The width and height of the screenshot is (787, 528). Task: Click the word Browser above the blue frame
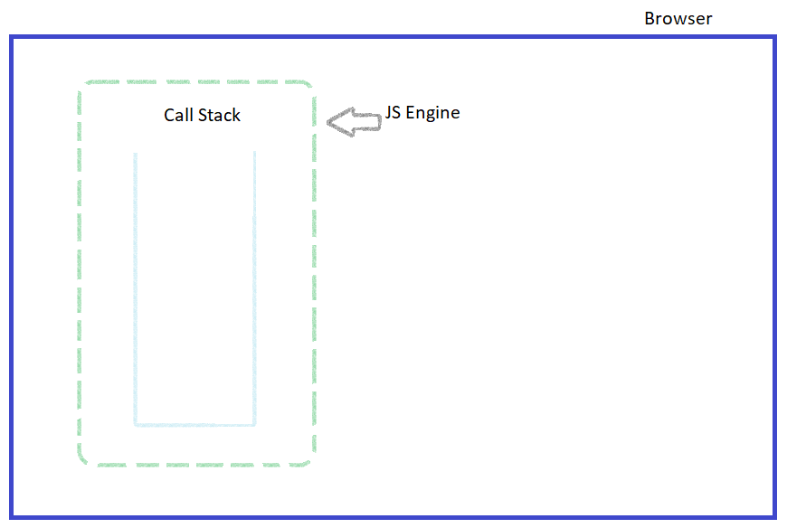click(678, 18)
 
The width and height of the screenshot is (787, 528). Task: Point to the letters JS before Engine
click(393, 113)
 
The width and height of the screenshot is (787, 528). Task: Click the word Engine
click(433, 114)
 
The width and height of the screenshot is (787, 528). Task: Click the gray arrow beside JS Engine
click(354, 122)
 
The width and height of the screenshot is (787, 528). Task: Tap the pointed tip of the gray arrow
click(328, 123)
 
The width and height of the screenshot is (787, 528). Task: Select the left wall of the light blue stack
click(135, 289)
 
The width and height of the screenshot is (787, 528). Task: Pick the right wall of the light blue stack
click(254, 289)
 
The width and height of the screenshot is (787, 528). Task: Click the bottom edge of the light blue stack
click(194, 424)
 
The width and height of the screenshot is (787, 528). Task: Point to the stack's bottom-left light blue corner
click(136, 424)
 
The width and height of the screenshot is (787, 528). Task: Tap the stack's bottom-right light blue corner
click(254, 424)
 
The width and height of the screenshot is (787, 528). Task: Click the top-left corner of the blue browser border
click(12, 37)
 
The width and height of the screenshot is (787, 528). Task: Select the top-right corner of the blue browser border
click(774, 37)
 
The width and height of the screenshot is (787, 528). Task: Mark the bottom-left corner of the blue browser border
click(12, 517)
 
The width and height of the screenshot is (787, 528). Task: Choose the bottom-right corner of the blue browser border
click(774, 517)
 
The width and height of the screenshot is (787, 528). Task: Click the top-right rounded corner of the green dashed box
click(309, 87)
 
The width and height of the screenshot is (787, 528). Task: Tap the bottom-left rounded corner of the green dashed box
click(84, 460)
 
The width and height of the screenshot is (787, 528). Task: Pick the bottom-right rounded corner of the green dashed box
click(309, 460)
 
